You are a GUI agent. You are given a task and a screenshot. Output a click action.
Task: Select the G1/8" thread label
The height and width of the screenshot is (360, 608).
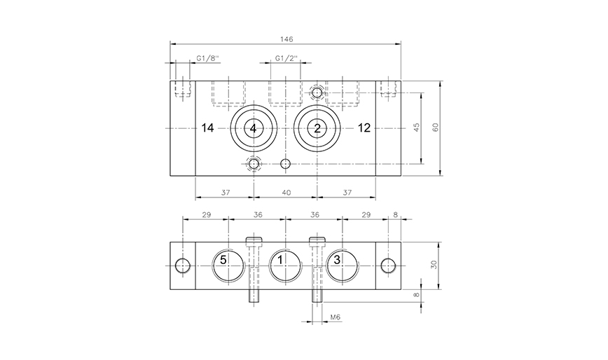(x=207, y=58)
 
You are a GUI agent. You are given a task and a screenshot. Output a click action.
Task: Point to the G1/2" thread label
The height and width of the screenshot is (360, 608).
(x=286, y=58)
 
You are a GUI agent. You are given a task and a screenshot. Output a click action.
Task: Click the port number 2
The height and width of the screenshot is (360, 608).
(x=317, y=128)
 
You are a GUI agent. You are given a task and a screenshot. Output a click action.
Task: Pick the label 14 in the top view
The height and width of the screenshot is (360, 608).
(x=207, y=127)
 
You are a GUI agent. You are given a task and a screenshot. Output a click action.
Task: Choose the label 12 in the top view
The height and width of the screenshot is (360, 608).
(x=364, y=127)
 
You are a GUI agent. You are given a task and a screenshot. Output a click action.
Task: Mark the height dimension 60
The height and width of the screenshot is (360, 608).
(x=435, y=127)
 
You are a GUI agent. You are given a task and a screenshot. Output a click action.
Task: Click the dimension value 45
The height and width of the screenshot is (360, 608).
(x=417, y=127)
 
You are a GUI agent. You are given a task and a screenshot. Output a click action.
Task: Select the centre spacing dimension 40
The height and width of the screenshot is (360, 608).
(x=286, y=191)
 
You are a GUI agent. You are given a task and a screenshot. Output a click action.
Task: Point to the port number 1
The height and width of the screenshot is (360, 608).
(x=281, y=260)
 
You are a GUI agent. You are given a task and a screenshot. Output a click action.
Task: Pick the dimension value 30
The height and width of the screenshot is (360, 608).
(x=434, y=265)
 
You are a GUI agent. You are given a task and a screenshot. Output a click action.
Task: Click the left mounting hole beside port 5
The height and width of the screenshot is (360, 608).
(x=183, y=265)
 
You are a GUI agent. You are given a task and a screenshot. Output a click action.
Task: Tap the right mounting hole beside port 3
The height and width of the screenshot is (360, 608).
(x=388, y=265)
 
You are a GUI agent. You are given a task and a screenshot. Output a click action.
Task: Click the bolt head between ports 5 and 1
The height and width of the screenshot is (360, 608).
(x=254, y=242)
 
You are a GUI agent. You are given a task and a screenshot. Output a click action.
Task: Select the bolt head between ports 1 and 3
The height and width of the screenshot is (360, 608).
(x=317, y=242)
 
